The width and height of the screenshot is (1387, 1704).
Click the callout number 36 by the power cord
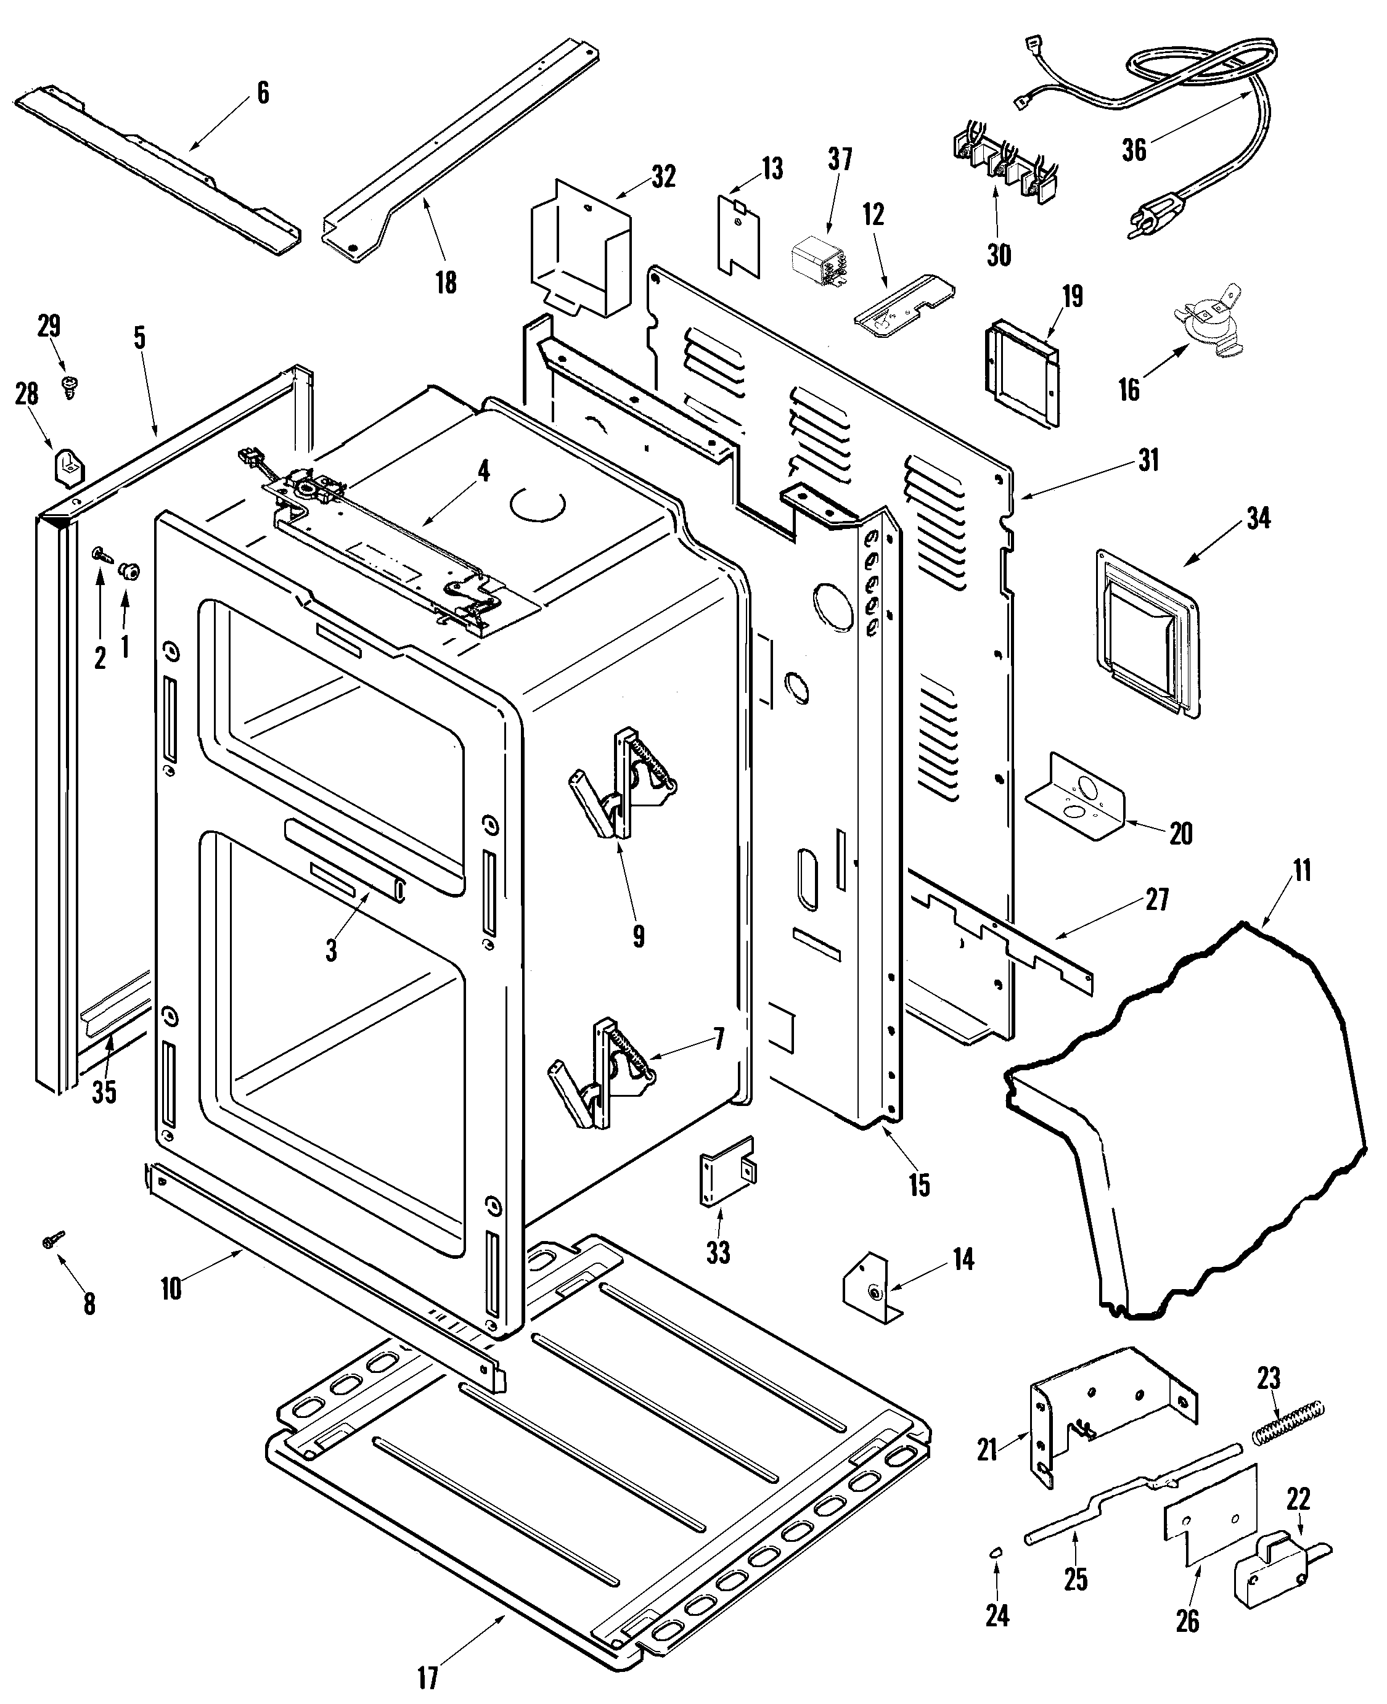pyautogui.click(x=1134, y=149)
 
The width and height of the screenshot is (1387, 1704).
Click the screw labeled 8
pyautogui.click(x=54, y=1239)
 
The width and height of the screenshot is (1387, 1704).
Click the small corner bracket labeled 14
pyautogui.click(x=872, y=1288)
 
